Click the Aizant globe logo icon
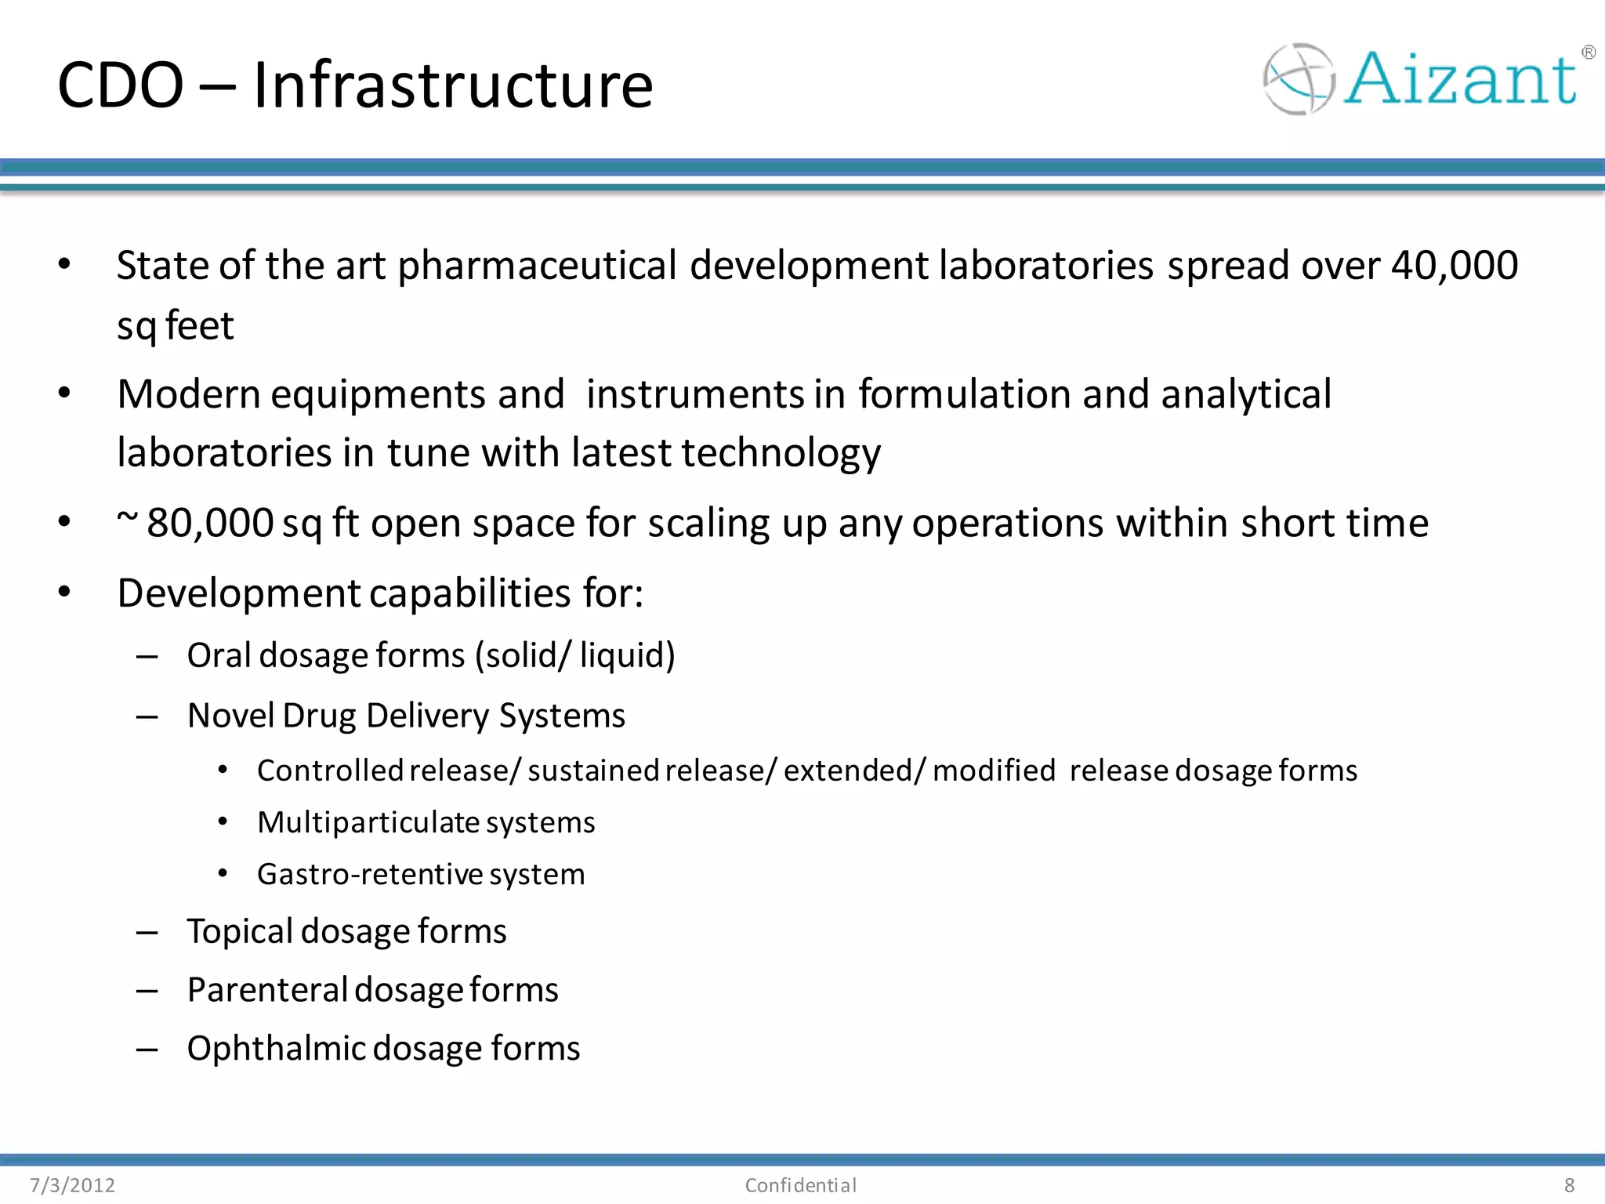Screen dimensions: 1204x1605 [1299, 79]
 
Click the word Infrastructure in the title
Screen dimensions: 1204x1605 [452, 85]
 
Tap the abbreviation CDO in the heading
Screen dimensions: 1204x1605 [120, 85]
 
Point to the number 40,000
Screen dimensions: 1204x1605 [1455, 265]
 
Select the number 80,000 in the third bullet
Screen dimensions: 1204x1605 [210, 523]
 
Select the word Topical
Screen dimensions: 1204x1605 [239, 932]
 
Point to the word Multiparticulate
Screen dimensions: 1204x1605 [368, 822]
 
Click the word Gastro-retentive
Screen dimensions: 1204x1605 [369, 874]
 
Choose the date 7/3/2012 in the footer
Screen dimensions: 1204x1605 [72, 1185]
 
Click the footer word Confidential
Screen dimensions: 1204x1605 [800, 1185]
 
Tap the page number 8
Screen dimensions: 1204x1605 [1569, 1185]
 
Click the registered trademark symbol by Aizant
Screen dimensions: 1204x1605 [1589, 53]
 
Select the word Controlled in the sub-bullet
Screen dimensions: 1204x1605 [329, 771]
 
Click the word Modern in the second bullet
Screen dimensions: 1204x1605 [188, 393]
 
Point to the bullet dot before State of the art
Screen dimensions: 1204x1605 [64, 264]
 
